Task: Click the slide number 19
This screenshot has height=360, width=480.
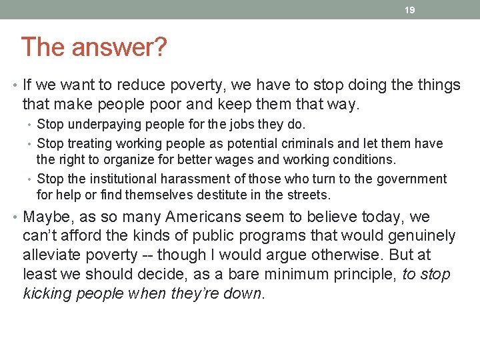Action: (x=410, y=10)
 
